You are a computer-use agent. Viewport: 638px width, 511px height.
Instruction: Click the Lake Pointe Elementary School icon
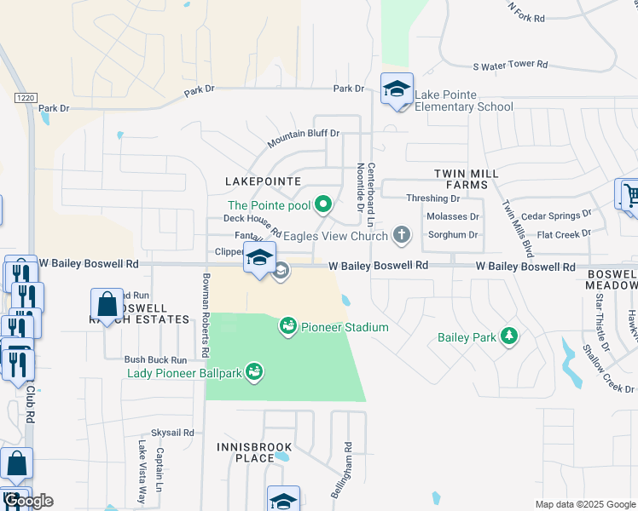pos(397,89)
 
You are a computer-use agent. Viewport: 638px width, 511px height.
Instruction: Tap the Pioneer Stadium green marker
pos(287,326)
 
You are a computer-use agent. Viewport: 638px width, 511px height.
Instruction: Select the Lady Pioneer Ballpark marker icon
pos(253,371)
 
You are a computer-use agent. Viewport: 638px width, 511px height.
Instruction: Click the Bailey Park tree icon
pos(509,336)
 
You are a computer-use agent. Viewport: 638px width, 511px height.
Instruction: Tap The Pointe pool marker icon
pos(322,204)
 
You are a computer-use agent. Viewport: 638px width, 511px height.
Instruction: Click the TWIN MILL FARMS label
pos(466,179)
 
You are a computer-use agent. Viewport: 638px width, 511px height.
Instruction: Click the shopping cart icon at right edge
pos(628,195)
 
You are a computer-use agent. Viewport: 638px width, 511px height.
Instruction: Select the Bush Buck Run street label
pos(155,360)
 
